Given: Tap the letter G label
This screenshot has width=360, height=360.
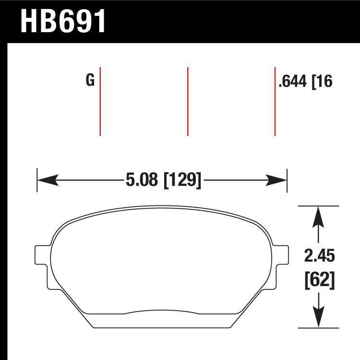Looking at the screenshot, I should pos(90,81).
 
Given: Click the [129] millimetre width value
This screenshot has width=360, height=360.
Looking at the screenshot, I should pos(182,180).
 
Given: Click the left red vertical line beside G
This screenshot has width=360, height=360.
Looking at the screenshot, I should pos(100,101).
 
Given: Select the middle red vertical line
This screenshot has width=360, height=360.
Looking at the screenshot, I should pos(187,101).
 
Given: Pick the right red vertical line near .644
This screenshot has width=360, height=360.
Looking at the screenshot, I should pos(275,101).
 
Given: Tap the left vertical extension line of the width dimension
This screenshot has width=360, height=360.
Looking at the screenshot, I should pos(37,180).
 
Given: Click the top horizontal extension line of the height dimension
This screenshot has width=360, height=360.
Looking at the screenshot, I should pos(319,206).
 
